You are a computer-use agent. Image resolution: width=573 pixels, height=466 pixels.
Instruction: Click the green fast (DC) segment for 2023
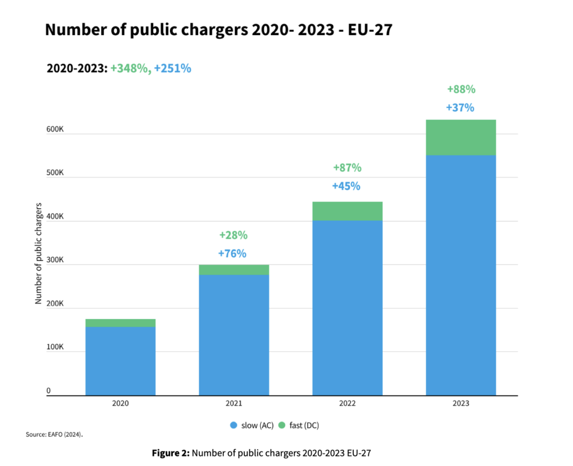(x=461, y=137)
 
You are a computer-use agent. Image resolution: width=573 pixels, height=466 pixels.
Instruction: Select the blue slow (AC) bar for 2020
(x=120, y=361)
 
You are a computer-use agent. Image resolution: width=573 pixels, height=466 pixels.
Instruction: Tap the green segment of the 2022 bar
(x=347, y=211)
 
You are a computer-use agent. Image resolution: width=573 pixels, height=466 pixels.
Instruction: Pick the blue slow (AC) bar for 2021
(x=234, y=335)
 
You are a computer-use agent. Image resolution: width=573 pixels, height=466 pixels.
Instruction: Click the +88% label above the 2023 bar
(x=461, y=90)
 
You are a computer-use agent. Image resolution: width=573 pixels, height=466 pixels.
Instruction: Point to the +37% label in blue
(x=460, y=108)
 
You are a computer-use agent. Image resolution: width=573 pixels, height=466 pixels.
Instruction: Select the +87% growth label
(x=347, y=168)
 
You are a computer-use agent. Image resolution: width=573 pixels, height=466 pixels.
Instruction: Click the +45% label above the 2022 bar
(x=346, y=186)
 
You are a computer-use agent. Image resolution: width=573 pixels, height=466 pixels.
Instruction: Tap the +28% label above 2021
(x=233, y=235)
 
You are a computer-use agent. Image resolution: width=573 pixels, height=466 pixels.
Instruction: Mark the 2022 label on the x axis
(x=347, y=403)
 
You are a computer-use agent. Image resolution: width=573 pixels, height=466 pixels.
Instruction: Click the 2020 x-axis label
(x=120, y=403)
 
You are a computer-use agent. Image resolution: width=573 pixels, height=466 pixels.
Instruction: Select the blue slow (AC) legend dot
(x=233, y=426)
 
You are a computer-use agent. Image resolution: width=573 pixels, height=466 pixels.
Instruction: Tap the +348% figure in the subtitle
(x=129, y=69)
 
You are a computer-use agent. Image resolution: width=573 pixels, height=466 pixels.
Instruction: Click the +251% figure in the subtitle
(x=173, y=69)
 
